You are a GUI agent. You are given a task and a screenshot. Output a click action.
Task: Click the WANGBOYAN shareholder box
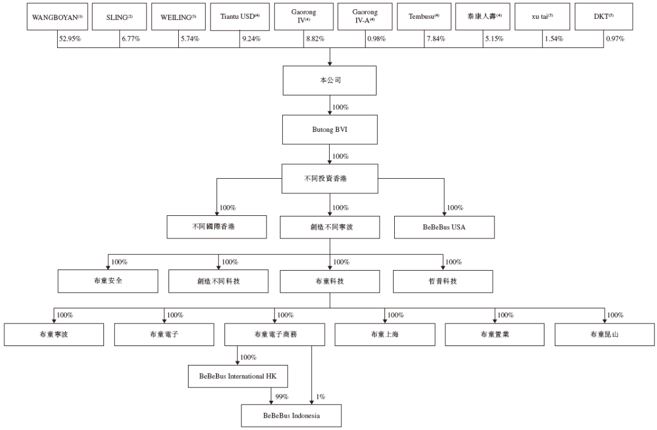57,17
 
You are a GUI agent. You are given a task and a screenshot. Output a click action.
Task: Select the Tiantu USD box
240,17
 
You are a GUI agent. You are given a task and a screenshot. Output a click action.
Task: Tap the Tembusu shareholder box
424,17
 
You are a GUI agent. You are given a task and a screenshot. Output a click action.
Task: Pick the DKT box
604,17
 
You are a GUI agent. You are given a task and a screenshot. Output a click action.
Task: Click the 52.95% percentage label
70,39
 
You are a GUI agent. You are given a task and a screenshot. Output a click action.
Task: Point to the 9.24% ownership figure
251,39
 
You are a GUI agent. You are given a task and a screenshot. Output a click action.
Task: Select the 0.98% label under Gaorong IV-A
377,39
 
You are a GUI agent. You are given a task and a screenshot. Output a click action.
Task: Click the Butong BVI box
330,130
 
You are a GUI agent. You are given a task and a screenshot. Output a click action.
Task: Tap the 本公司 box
330,80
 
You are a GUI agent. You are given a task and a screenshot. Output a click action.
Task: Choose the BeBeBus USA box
444,227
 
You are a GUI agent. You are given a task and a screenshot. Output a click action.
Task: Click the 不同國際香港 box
217,227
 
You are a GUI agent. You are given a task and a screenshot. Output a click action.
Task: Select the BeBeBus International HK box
238,376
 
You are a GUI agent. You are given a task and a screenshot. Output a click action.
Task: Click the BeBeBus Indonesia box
291,416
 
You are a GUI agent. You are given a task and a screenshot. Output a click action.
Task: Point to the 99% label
282,397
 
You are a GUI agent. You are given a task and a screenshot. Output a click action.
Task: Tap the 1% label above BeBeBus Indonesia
321,397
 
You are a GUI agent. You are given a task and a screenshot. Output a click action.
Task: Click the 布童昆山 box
605,335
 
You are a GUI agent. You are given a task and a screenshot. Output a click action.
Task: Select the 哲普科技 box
443,281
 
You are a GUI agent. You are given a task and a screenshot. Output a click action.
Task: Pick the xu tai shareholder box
542,17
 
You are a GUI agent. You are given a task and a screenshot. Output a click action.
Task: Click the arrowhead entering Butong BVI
330,113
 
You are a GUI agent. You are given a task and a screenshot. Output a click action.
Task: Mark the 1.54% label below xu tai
554,39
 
